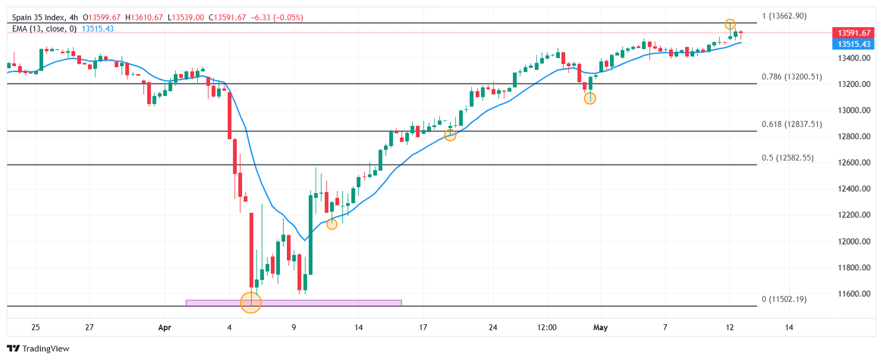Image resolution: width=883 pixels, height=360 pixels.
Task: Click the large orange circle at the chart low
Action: [251, 302]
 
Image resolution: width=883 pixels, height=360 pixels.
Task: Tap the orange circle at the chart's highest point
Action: [730, 24]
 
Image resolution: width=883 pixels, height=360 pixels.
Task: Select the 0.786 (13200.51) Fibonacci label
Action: [792, 76]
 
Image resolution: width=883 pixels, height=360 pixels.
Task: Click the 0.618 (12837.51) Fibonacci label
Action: [792, 124]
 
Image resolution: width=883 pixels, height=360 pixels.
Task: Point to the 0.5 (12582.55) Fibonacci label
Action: [788, 158]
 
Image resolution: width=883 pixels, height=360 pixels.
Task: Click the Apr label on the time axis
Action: [164, 327]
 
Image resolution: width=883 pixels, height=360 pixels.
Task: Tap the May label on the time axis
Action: [600, 327]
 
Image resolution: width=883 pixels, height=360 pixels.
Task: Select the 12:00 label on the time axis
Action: [547, 327]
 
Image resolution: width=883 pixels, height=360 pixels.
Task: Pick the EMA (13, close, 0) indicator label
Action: [44, 28]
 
